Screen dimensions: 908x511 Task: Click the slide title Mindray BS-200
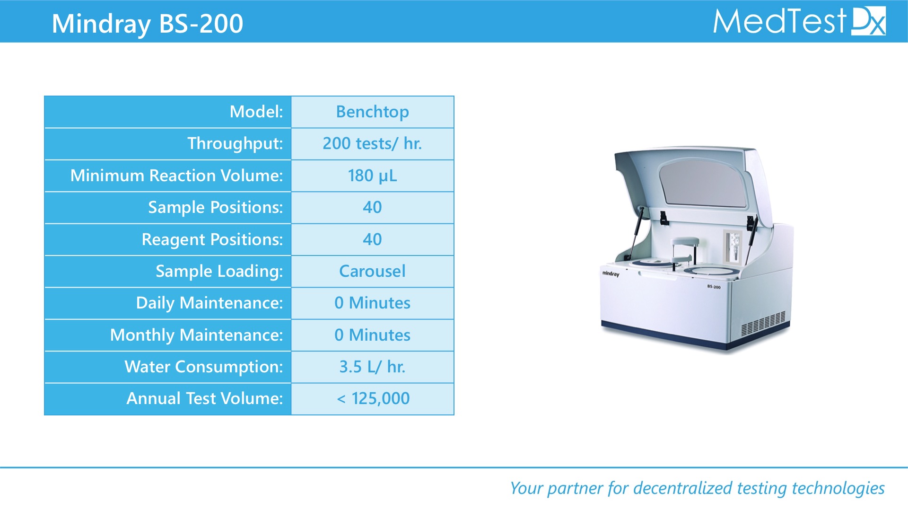147,23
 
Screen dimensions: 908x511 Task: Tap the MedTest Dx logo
799,21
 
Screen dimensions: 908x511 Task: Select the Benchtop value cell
373,112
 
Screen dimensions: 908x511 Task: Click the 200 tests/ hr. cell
373,144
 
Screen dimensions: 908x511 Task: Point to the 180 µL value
373,176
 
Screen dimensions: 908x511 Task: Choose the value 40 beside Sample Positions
373,208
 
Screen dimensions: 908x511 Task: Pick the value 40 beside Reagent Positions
373,239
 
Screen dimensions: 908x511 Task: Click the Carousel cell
373,271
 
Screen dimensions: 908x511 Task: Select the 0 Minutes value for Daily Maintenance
373,303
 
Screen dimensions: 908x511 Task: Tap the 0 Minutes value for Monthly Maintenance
373,335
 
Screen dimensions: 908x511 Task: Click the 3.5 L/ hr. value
373,367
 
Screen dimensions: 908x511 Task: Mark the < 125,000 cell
373,399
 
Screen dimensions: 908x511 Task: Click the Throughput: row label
235,144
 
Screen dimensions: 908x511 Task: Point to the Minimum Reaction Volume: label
176,176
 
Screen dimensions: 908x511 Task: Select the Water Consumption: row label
204,367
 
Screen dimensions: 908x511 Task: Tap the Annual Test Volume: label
204,398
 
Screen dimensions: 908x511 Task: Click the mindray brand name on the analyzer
611,273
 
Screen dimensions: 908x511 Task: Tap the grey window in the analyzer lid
703,184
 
